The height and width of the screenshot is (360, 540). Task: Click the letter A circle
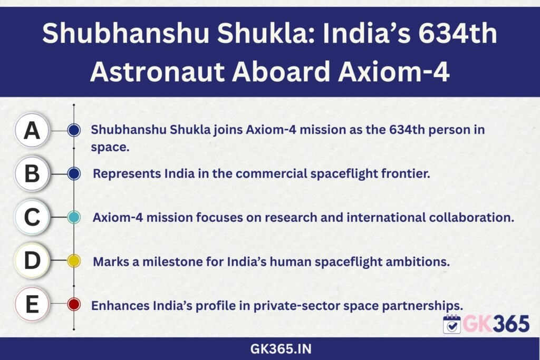click(x=32, y=130)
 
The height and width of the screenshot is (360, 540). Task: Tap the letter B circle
click(x=32, y=173)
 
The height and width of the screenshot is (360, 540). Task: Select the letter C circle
click(x=32, y=217)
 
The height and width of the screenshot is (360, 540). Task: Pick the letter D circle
click(x=32, y=260)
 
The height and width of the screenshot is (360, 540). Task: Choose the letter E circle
click(x=32, y=304)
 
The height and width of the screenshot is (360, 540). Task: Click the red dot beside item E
click(x=74, y=304)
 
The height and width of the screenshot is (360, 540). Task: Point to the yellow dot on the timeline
click(x=74, y=261)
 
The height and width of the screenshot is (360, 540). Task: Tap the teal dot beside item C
click(x=74, y=217)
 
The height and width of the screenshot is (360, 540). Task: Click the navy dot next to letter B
click(x=74, y=174)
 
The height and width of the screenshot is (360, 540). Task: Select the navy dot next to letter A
click(x=74, y=130)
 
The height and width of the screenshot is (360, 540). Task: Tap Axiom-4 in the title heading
click(x=393, y=72)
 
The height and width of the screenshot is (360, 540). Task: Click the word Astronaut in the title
click(x=157, y=72)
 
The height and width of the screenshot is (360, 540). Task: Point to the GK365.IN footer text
click(x=281, y=349)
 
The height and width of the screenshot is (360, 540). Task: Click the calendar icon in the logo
click(x=452, y=324)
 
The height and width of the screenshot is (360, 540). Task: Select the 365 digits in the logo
click(x=512, y=324)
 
